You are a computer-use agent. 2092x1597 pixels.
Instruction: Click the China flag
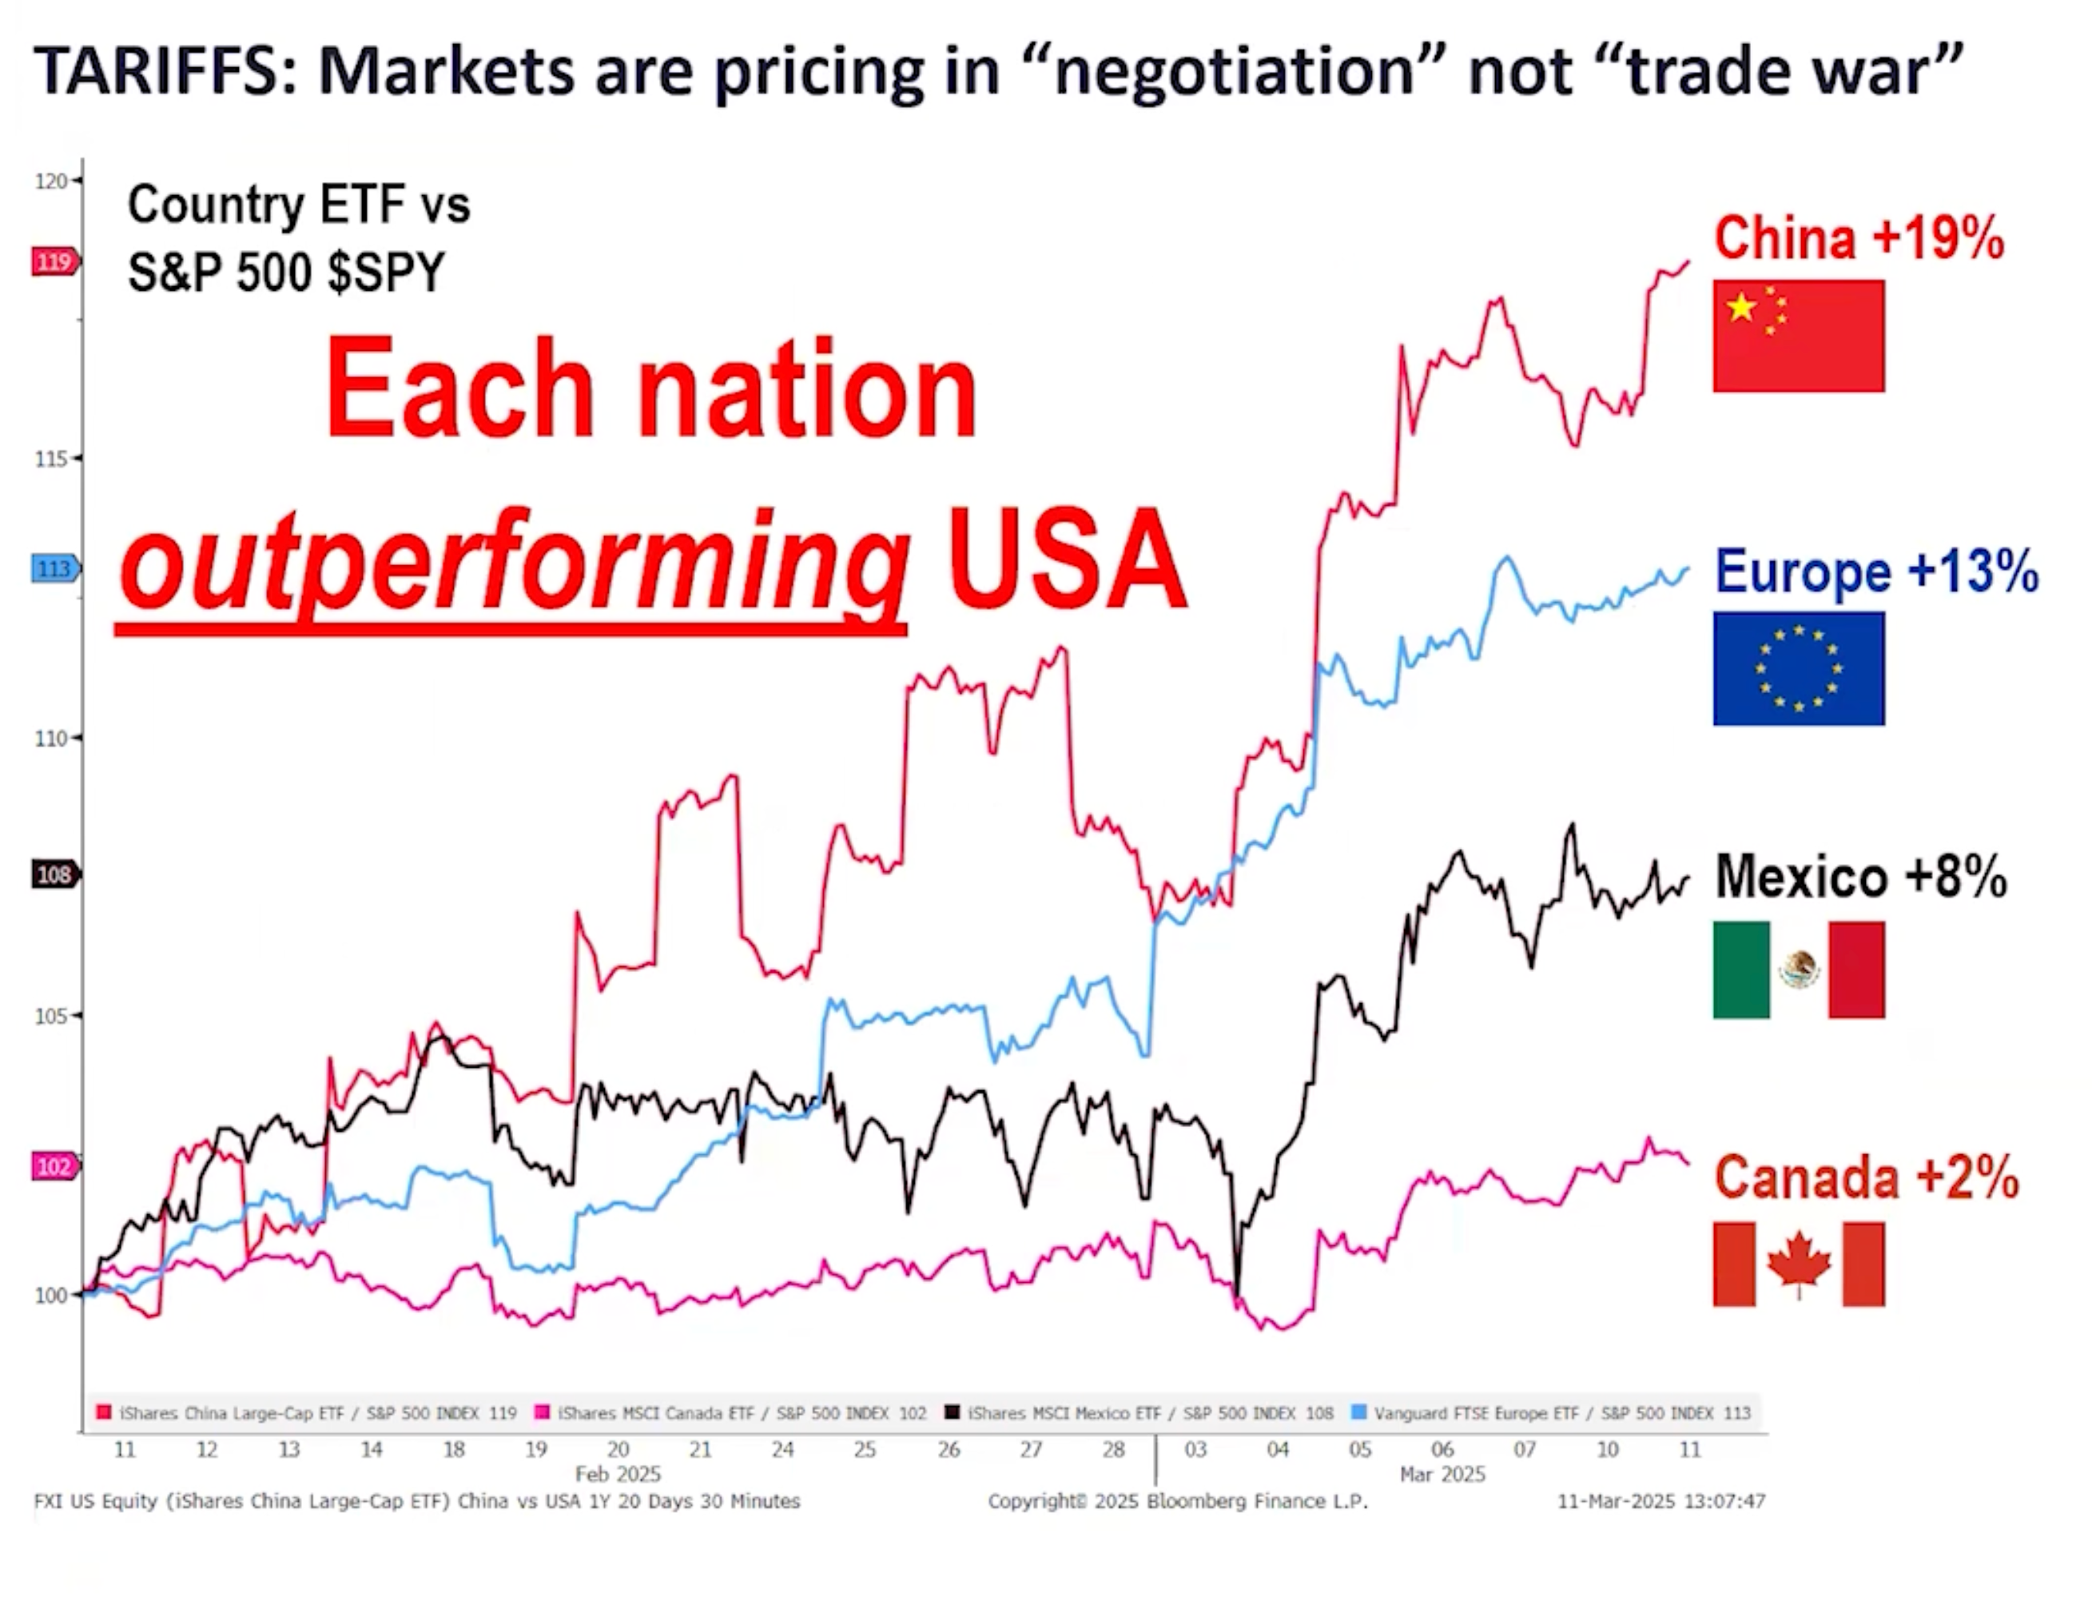pos(1797,336)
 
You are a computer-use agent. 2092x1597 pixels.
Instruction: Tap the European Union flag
pos(1797,668)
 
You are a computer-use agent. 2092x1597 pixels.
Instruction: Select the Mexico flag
pos(1797,970)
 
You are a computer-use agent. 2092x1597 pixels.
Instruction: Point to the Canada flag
pos(1797,1264)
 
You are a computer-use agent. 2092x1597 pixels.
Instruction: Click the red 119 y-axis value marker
pos(54,261)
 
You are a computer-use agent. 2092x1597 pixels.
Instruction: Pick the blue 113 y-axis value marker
pos(54,569)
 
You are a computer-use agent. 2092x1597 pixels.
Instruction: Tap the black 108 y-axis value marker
pos(54,874)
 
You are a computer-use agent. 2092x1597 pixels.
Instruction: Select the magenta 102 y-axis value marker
pos(54,1166)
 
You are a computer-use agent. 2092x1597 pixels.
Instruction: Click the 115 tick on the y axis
pos(51,459)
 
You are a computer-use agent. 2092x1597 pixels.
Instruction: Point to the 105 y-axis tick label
pos(51,1016)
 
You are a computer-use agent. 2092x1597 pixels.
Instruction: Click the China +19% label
pos(1858,237)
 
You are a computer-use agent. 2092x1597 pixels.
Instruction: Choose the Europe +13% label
pos(1875,571)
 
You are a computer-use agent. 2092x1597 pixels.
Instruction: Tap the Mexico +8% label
pos(1860,875)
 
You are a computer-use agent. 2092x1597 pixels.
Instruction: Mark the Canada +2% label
pos(1866,1177)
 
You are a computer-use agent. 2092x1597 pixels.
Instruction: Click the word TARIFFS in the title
pos(156,71)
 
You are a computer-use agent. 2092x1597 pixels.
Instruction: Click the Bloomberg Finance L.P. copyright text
pos(1178,1501)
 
